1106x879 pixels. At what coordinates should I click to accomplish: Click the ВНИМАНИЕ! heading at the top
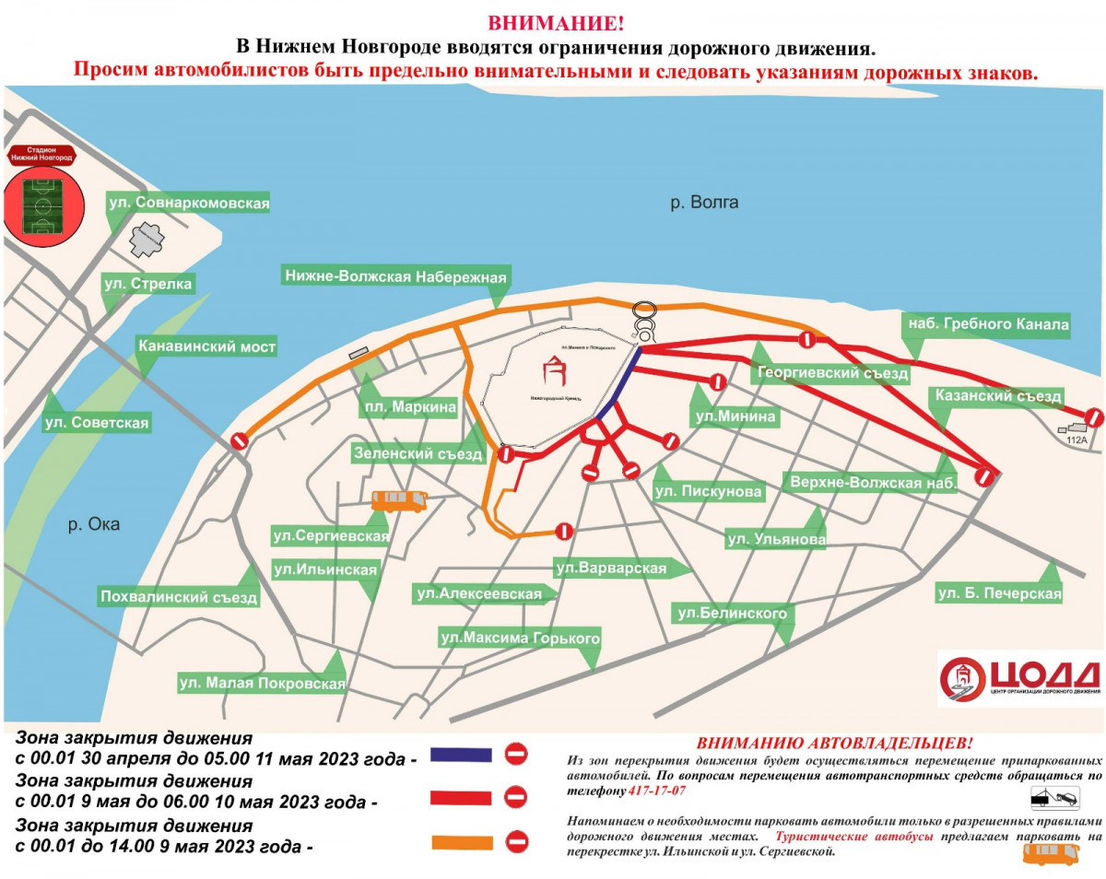[553, 22]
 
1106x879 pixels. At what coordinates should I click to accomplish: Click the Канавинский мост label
[206, 347]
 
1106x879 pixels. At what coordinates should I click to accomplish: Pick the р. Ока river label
[94, 524]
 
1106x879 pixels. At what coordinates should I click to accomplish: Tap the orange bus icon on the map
[399, 500]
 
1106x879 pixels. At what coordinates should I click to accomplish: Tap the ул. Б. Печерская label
[999, 593]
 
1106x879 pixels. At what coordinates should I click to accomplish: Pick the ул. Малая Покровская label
[262, 684]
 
